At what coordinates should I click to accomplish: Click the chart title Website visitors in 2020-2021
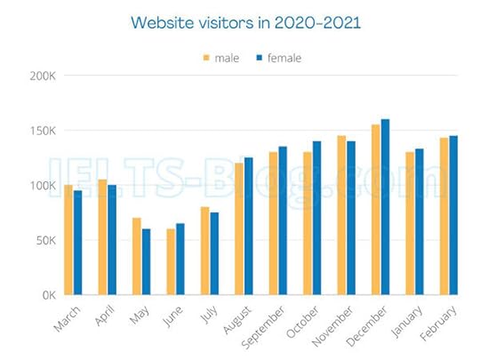pos(239,20)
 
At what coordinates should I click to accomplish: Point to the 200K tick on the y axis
pos(43,76)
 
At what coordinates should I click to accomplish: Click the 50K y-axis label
pos(45,240)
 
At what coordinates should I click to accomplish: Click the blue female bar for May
pos(147,262)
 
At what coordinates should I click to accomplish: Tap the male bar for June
pos(171,262)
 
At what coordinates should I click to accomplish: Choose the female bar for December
pos(385,207)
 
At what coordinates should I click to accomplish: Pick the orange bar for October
pos(307,223)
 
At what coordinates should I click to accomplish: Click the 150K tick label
pos(43,131)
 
